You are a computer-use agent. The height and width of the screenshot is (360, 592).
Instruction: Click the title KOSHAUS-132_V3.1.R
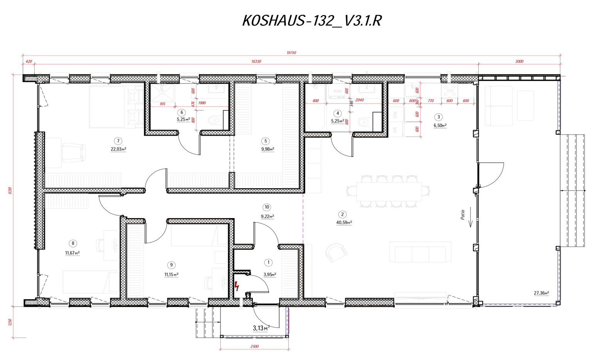click(311, 21)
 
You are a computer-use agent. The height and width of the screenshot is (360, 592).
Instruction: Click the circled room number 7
click(118, 141)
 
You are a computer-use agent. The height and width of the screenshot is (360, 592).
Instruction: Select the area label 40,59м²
click(344, 222)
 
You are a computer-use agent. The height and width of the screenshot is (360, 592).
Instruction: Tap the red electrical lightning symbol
click(237, 286)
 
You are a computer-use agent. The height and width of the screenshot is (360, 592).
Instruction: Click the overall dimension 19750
click(291, 53)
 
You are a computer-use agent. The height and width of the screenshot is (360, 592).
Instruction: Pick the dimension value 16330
click(256, 61)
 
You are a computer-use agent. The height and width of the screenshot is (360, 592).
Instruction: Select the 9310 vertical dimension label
click(10, 190)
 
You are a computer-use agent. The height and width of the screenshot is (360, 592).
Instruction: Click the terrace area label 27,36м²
click(541, 293)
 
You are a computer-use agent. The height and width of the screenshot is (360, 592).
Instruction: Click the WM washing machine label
click(337, 91)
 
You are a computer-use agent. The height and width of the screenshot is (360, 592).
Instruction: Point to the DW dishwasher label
click(395, 115)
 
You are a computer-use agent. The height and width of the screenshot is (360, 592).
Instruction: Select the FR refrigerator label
click(395, 130)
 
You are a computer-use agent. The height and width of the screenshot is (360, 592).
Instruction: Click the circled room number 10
click(267, 207)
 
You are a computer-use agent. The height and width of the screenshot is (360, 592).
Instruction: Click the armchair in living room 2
click(336, 252)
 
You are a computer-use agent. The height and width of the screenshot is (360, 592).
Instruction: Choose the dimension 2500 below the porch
click(254, 347)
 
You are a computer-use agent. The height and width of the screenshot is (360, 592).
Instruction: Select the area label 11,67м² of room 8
click(72, 253)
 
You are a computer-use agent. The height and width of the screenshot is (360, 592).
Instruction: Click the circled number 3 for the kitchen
click(438, 117)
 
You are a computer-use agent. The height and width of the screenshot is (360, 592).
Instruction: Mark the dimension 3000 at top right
click(519, 61)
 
